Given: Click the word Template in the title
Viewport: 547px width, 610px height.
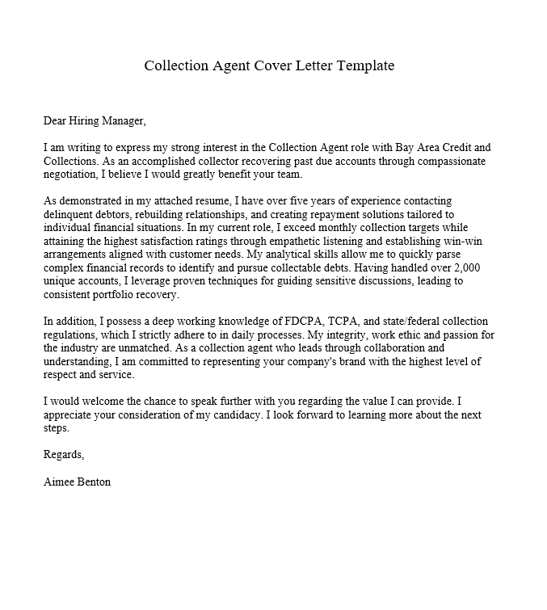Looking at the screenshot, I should coord(363,65).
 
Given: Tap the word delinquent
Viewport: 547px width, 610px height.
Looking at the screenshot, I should coord(69,213).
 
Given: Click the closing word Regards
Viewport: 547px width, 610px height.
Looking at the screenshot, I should coord(64,454).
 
